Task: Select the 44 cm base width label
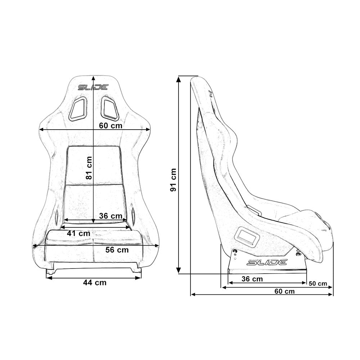click(95, 283)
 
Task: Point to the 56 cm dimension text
click(117, 250)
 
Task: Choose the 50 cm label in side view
click(318, 284)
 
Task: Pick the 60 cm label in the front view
click(110, 126)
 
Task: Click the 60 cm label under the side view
click(284, 291)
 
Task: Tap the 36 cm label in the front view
click(111, 216)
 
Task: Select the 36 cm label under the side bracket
click(252, 279)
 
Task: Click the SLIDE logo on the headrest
click(93, 87)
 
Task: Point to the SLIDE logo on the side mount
click(267, 262)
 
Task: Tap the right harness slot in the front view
click(109, 108)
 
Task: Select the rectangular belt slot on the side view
click(247, 237)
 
